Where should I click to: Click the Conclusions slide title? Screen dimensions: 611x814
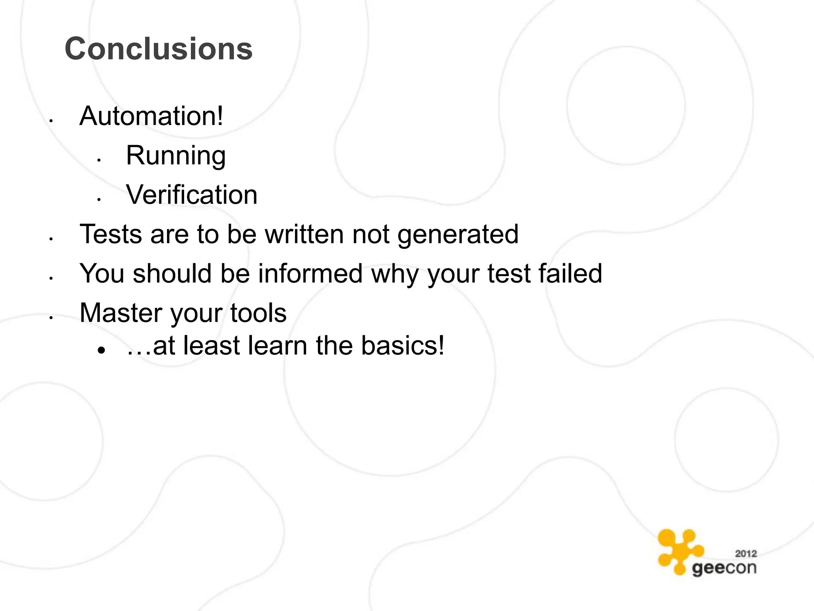coord(159,49)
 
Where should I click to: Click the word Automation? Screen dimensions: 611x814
coord(151,116)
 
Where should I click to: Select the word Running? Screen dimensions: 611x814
coord(176,156)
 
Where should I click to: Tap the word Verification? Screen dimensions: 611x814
coord(192,195)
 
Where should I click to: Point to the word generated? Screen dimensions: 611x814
coord(458,235)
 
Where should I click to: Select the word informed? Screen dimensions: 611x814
coord(310,274)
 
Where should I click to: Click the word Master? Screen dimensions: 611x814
coord(120,313)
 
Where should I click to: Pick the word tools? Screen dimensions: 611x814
coord(258,313)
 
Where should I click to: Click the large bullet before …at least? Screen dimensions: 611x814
coord(102,350)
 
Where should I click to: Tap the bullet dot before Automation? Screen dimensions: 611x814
coord(51,121)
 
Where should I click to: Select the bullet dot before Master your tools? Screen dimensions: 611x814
coord(51,318)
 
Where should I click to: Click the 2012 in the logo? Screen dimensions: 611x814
coord(746,553)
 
